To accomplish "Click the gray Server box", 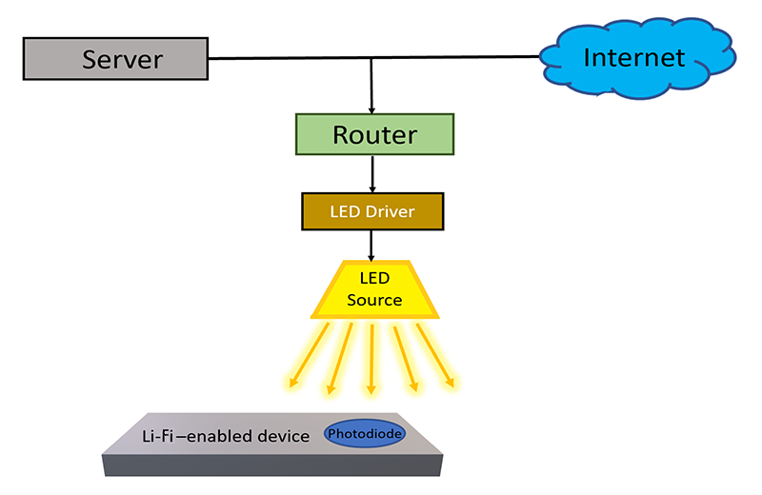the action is (x=115, y=59).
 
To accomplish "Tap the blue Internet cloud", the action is (x=637, y=58).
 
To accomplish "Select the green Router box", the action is (x=374, y=134).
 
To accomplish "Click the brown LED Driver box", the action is (x=372, y=211).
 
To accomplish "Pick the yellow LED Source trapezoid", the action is (x=374, y=290).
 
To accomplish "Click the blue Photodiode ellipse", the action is (x=365, y=433).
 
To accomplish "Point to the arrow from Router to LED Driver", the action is (x=372, y=174).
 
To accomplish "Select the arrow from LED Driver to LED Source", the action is (x=371, y=246).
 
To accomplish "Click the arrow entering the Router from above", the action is (x=371, y=86).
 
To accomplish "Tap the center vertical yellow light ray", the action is (x=371, y=359).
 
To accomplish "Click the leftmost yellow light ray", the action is (x=309, y=355).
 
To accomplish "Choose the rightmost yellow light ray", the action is (x=435, y=355).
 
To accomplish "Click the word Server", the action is (x=123, y=60).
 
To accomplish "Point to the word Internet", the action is (x=634, y=58).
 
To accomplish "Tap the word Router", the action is (x=374, y=135).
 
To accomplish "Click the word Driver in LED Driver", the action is (x=390, y=211).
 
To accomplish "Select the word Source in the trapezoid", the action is (x=374, y=300).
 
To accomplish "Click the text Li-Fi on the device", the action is (x=157, y=436).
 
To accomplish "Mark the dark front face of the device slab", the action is (x=272, y=465).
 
